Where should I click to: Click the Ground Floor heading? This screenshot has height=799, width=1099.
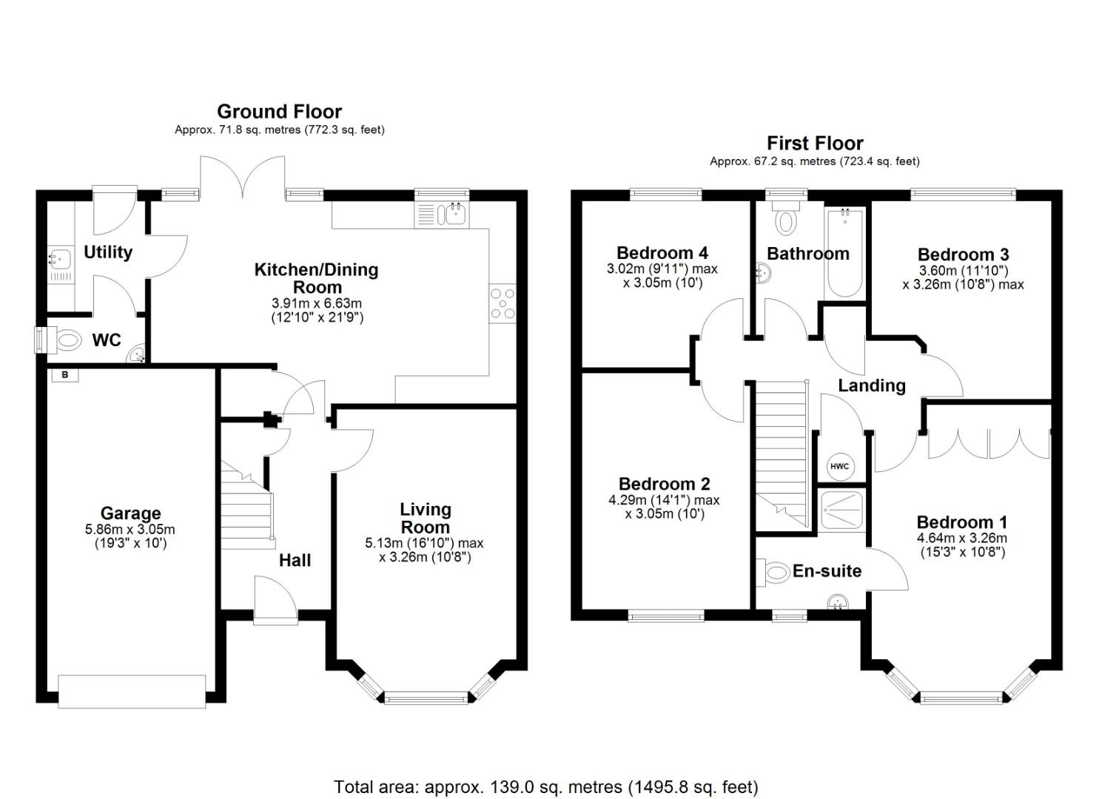tap(279, 112)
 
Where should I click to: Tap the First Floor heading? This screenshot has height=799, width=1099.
tap(814, 143)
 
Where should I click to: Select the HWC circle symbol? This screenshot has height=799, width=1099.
tap(839, 467)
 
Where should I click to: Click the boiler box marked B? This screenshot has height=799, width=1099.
tap(65, 375)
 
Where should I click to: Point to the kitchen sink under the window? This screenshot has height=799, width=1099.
tap(452, 215)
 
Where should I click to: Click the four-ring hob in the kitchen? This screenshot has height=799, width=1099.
tap(503, 304)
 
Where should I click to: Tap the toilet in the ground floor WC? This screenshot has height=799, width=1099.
tap(67, 341)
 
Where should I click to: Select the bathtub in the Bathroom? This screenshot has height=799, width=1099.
tap(844, 253)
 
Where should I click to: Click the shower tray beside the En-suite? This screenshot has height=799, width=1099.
tap(841, 510)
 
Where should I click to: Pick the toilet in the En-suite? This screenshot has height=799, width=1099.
tap(776, 572)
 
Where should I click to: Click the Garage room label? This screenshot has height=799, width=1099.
tap(130, 513)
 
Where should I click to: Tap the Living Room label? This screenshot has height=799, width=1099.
tap(425, 518)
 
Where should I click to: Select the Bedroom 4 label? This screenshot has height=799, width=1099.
tap(662, 253)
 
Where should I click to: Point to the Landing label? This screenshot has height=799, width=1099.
tap(871, 385)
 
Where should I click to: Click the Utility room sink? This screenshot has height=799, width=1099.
tap(59, 260)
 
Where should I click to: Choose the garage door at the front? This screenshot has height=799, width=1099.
tap(132, 691)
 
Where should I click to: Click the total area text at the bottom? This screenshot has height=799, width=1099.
tap(545, 787)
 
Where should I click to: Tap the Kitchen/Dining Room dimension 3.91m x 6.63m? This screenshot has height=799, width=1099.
tap(317, 303)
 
